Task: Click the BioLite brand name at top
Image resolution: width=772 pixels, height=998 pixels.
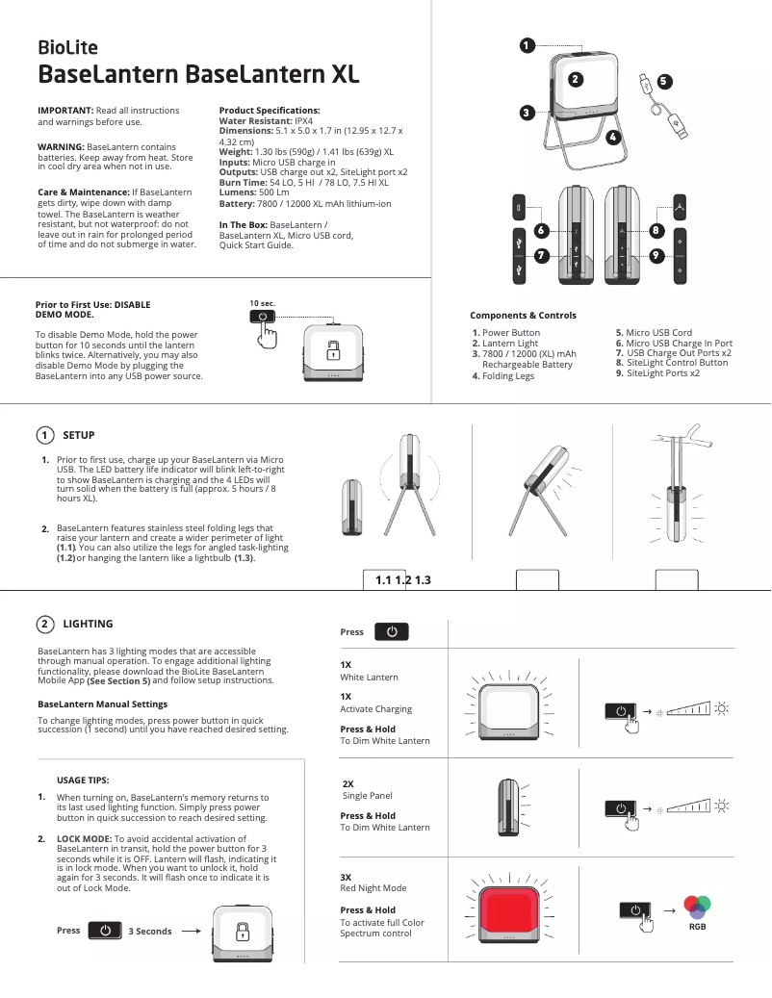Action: pyautogui.click(x=66, y=47)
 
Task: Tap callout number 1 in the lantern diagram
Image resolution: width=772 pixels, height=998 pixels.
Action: pyautogui.click(x=526, y=44)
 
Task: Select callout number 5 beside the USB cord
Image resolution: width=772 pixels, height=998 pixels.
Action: pyautogui.click(x=664, y=81)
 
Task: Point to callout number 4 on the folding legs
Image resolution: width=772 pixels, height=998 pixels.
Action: pyautogui.click(x=611, y=137)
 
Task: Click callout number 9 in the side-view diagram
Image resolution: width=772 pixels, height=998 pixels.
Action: pyautogui.click(x=656, y=256)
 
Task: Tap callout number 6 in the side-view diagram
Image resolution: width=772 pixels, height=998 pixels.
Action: pyautogui.click(x=541, y=231)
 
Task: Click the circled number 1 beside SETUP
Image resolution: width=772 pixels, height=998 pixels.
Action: pyautogui.click(x=45, y=435)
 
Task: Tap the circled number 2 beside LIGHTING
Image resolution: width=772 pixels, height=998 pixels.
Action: pyautogui.click(x=45, y=625)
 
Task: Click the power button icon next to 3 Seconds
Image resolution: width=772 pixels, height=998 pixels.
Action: pyautogui.click(x=104, y=931)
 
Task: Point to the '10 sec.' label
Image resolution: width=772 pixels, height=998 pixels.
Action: pyautogui.click(x=262, y=303)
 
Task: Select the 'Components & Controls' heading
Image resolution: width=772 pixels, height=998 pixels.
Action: pyautogui.click(x=523, y=316)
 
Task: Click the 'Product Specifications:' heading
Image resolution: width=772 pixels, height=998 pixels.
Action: pyautogui.click(x=270, y=111)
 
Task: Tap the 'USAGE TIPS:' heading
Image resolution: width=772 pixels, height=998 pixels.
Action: pyautogui.click(x=83, y=780)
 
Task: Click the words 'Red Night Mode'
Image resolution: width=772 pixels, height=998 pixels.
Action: pyautogui.click(x=373, y=888)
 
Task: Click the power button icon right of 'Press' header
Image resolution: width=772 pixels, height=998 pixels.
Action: pyautogui.click(x=391, y=632)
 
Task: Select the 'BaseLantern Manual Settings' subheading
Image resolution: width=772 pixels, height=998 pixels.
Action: pyautogui.click(x=102, y=704)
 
